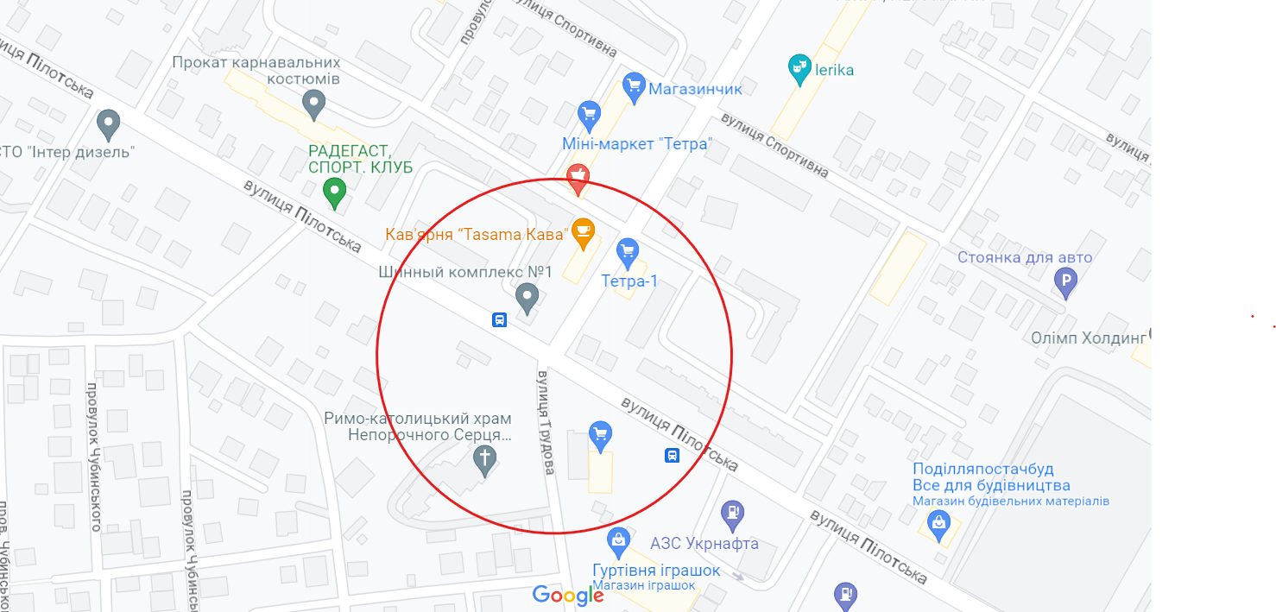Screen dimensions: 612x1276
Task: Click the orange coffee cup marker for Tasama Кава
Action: (x=584, y=230)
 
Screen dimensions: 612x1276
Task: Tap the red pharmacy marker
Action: (x=578, y=177)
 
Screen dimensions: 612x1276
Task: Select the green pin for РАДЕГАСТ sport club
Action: (x=334, y=190)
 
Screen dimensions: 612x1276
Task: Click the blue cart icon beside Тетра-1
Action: (x=628, y=252)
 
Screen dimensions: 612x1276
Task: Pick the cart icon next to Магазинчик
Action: (x=635, y=86)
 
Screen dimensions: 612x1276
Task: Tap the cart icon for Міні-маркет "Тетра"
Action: (x=589, y=113)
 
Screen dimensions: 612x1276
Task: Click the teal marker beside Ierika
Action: (x=799, y=65)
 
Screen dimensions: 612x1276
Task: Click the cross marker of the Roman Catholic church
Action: (x=485, y=459)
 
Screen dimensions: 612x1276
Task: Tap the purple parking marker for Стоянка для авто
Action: (x=1066, y=281)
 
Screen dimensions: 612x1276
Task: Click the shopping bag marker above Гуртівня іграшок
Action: (x=618, y=540)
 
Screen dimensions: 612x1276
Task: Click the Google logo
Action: (x=567, y=595)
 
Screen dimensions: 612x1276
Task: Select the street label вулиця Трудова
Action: (x=546, y=423)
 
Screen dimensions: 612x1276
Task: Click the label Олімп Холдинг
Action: (x=1088, y=338)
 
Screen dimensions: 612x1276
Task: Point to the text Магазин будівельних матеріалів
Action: (x=1011, y=501)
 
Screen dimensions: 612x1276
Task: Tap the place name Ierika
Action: (x=834, y=70)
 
